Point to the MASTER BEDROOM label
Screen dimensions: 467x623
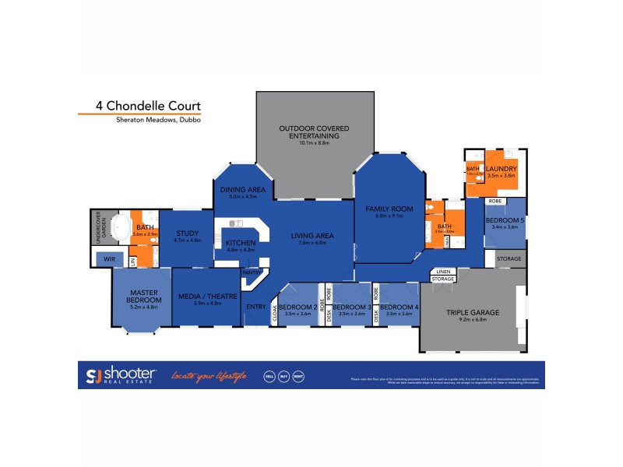tap(143, 297)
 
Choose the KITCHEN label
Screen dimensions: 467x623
tap(240, 243)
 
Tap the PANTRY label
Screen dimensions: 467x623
tap(250, 272)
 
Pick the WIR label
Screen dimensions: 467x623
tap(108, 258)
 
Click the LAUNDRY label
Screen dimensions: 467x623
tap(502, 169)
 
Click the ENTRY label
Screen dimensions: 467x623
tap(255, 307)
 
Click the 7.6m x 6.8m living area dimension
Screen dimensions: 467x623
tap(312, 243)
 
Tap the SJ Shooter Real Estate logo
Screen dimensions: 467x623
tap(121, 375)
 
